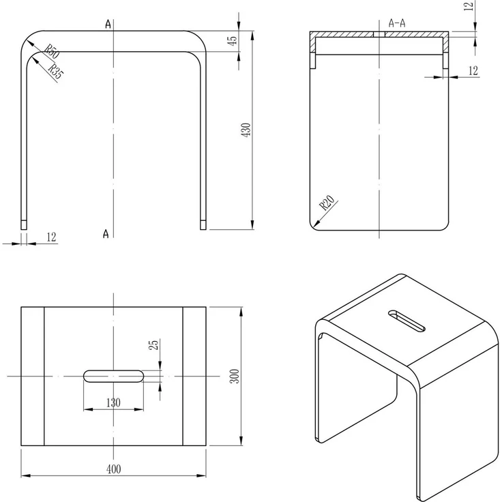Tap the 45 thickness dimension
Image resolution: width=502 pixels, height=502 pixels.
tap(233, 42)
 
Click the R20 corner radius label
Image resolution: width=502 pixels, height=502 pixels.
tap(327, 203)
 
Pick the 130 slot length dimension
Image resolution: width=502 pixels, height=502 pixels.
tap(113, 402)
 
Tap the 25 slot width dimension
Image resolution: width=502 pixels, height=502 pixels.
tap(154, 346)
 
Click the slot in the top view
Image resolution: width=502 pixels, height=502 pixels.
tap(113, 375)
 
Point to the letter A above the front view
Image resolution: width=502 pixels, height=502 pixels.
tap(108, 25)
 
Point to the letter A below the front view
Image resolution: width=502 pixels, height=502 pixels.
tap(106, 235)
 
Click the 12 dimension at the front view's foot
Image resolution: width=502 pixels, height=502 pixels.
tap(51, 237)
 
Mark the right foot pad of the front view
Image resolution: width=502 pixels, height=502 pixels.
tap(203, 223)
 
